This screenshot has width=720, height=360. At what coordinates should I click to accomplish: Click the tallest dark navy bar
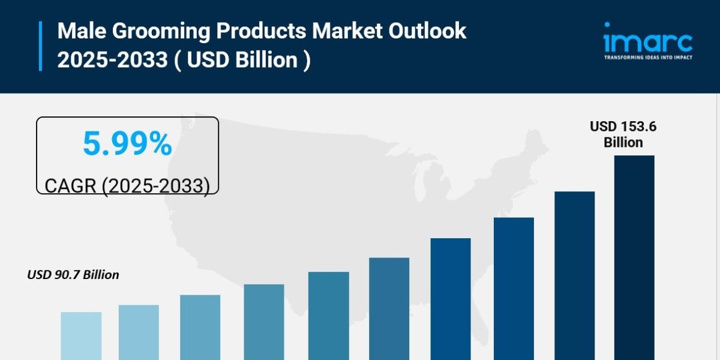634,258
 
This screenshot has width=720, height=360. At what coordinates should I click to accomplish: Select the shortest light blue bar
81,336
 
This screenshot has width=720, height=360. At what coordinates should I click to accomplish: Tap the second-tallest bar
574,276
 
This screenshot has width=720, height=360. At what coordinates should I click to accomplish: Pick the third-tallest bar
514,289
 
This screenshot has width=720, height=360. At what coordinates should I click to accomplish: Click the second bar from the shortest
139,332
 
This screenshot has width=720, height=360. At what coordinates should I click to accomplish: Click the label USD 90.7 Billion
73,275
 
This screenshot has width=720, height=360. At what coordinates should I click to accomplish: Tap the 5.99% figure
127,144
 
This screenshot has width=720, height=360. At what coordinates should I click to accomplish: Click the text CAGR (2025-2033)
127,185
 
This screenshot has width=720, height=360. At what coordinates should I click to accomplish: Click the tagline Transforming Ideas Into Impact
648,58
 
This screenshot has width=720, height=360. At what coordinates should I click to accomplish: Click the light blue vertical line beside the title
41,46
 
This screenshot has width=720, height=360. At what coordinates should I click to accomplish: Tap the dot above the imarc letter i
607,25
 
